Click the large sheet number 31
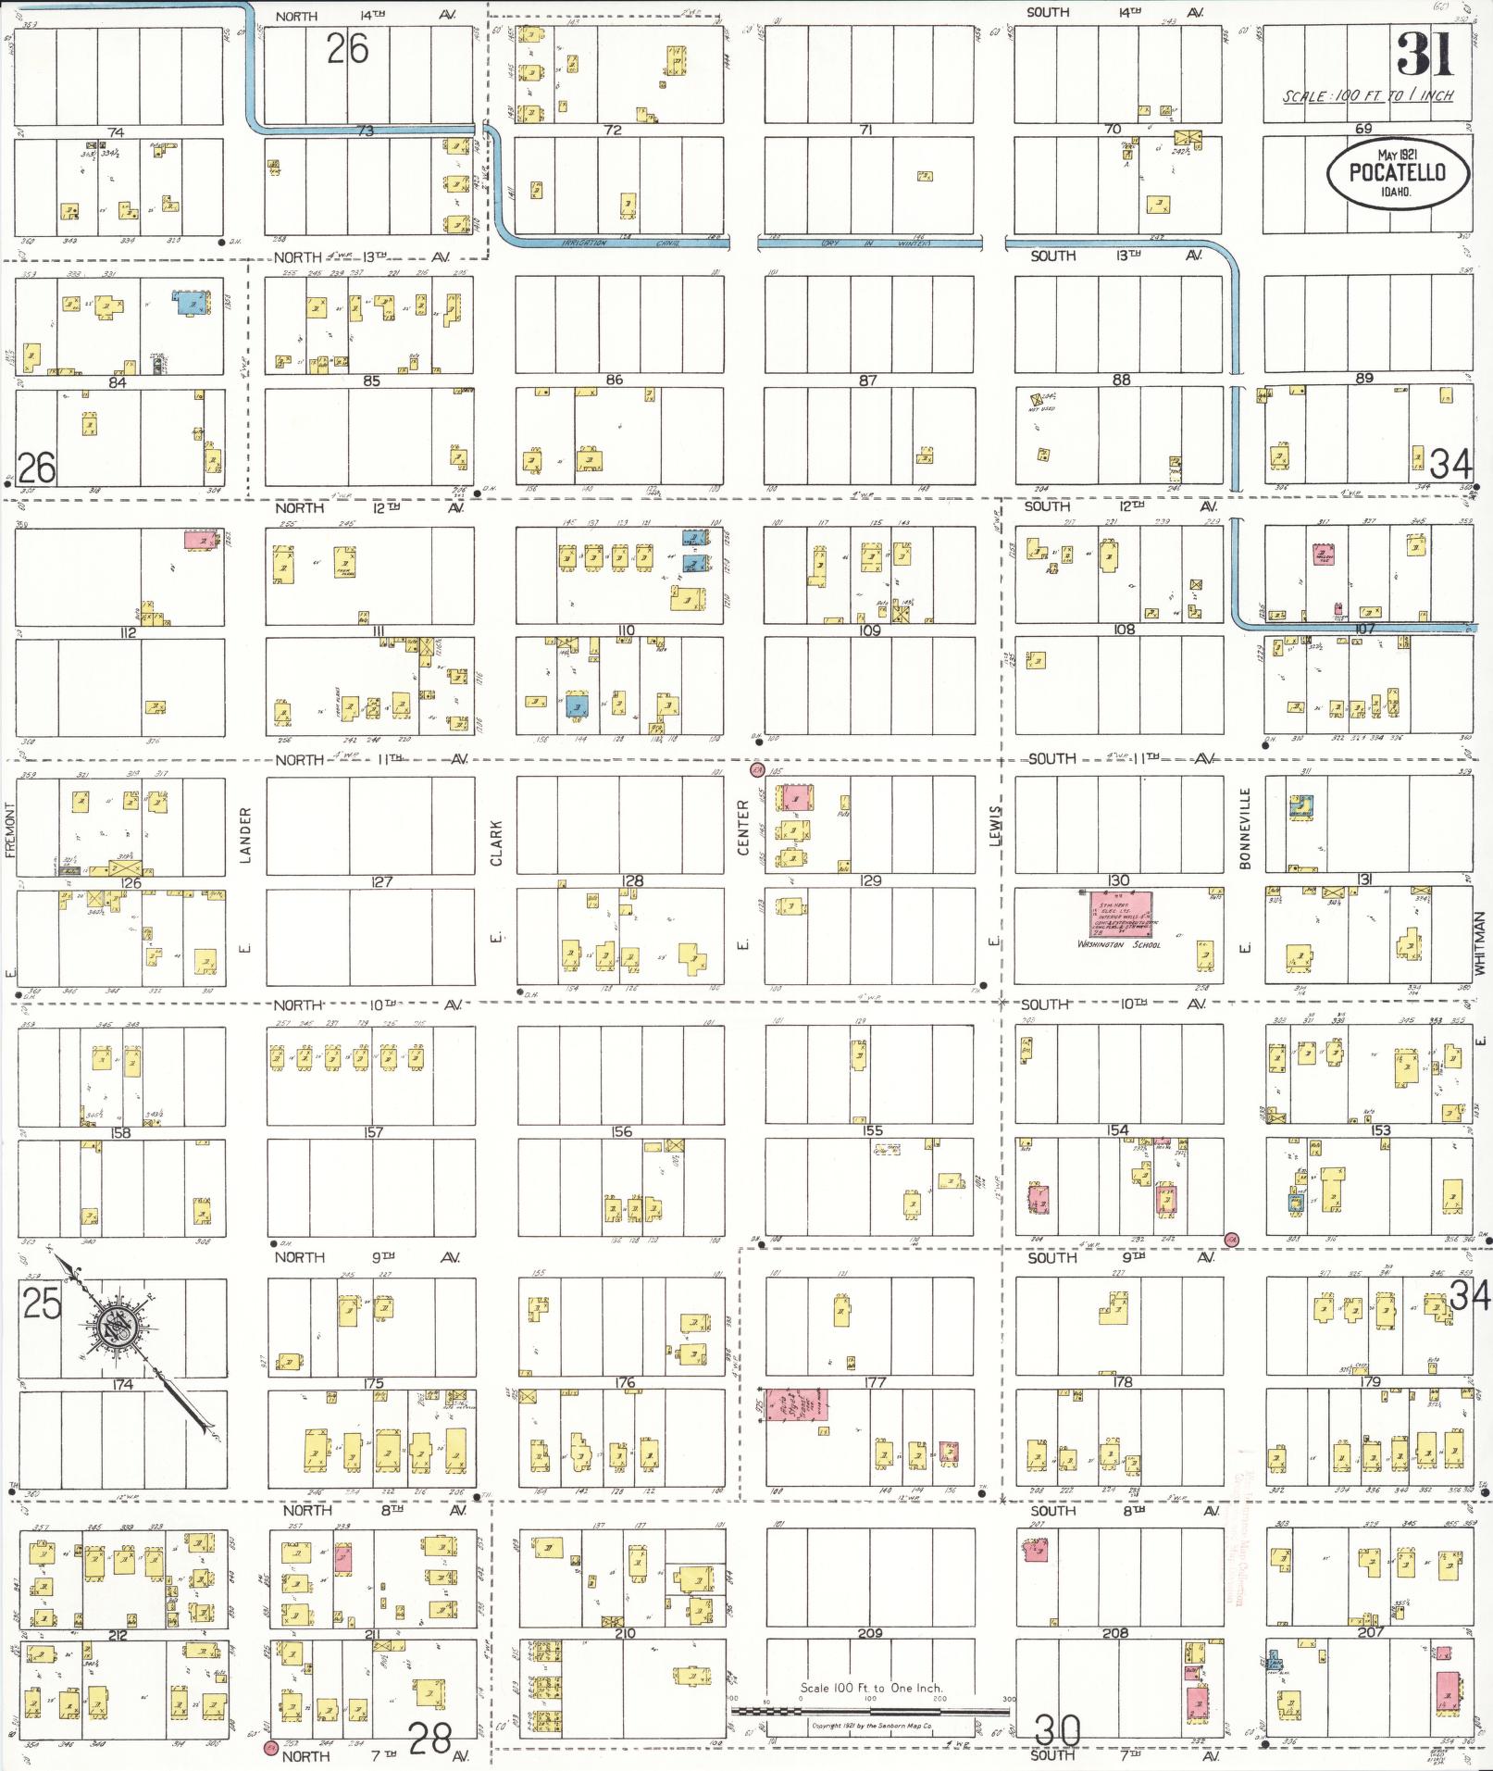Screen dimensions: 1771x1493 pos(1424,55)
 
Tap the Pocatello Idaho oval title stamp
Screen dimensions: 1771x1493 pos(1398,173)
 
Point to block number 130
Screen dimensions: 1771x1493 pos(1119,880)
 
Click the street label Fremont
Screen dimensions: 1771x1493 pos(11,830)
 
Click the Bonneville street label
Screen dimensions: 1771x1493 pos(1246,829)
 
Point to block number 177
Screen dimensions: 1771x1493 pos(875,1383)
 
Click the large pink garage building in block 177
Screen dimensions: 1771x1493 pos(795,1405)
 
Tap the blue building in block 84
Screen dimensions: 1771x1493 pos(190,303)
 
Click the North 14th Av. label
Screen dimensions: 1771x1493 pos(366,16)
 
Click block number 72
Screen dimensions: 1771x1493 pos(613,130)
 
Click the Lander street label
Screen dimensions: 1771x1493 pos(246,835)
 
